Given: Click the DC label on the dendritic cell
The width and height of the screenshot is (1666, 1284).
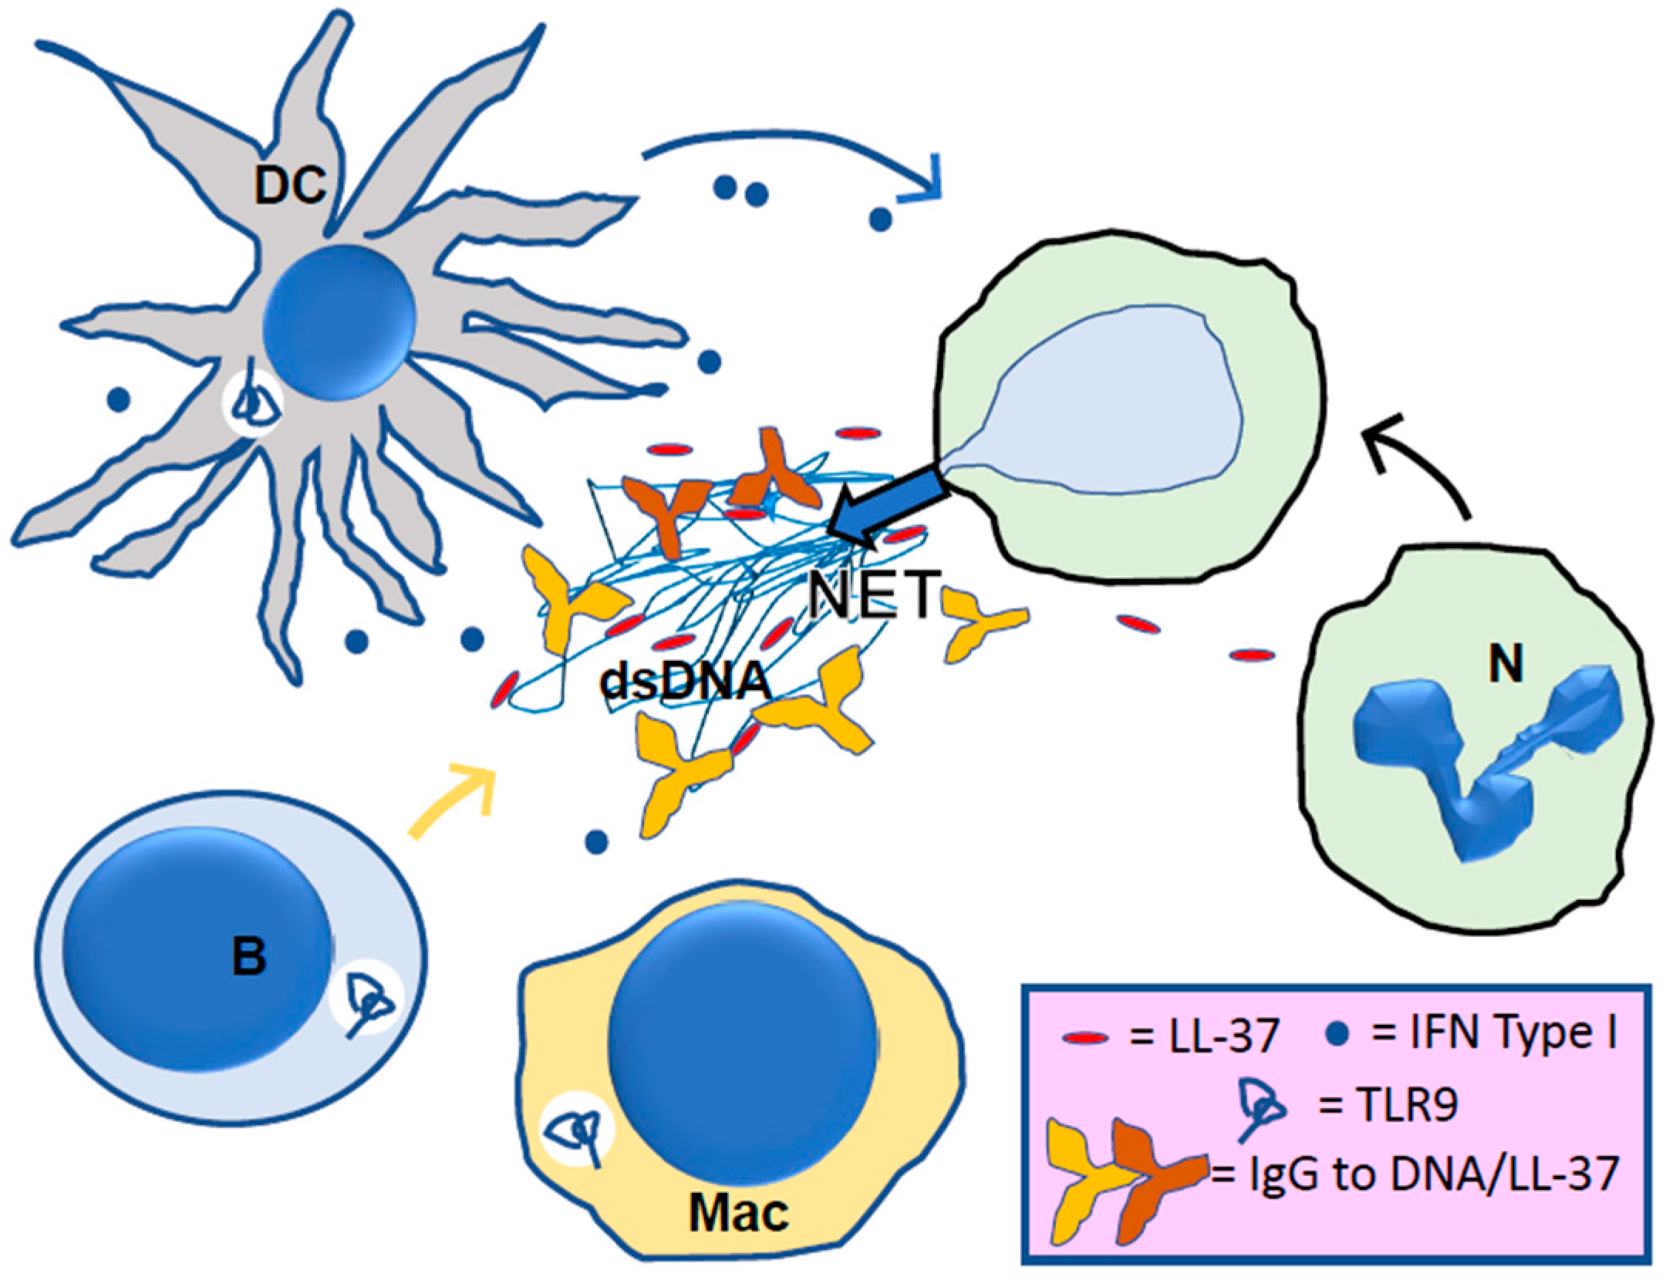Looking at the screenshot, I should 290,185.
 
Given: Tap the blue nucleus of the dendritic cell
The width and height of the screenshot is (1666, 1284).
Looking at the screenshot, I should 339,322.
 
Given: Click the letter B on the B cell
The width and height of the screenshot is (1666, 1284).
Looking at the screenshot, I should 248,956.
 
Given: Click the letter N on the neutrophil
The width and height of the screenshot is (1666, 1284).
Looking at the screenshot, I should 1506,663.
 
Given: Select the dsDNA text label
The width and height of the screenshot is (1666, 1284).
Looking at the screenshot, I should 685,682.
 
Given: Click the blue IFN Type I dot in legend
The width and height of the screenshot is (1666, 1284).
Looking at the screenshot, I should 1340,1034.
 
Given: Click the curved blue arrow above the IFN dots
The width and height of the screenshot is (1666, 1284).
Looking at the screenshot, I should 794,150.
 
